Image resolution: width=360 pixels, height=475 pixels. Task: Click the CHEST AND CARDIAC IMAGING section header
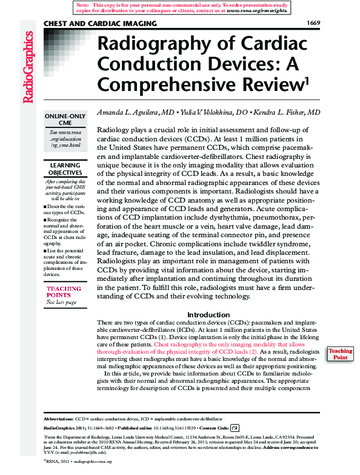click(x=100, y=24)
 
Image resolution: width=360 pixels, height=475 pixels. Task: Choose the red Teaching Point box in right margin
click(x=341, y=354)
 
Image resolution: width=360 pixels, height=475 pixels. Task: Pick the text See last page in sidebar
click(x=62, y=302)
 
